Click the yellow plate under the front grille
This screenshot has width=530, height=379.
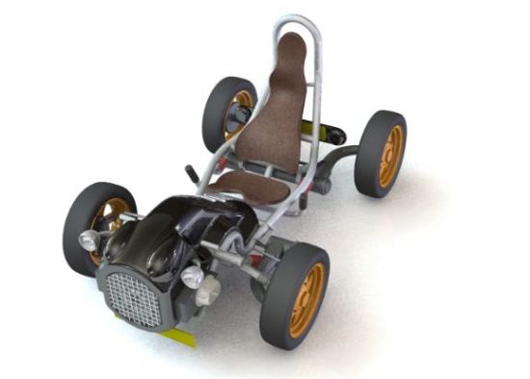click(177, 335)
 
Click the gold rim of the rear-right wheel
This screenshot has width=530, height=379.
click(390, 156)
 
